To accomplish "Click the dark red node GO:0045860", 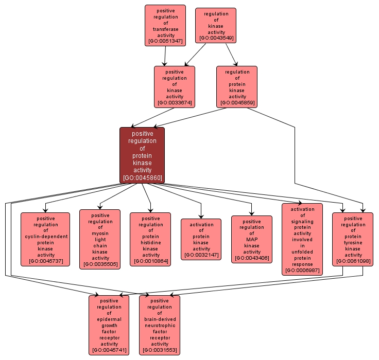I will (142, 155).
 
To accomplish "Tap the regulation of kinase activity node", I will (216, 25).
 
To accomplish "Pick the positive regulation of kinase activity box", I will (175, 87).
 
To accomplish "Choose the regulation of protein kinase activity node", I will (237, 87).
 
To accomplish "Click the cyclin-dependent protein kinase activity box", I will (45, 239).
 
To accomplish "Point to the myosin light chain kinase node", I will (100, 239).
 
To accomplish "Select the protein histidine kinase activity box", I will (150, 239).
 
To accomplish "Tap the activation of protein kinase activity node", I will (201, 239).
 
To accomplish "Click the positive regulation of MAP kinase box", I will (251, 239).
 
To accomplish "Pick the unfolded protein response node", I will (302, 239).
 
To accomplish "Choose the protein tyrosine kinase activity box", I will (353, 239).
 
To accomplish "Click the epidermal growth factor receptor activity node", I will (109, 325).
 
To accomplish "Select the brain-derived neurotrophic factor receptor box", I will (160, 325).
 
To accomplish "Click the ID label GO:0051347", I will (165, 41).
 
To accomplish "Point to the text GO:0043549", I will (216, 38).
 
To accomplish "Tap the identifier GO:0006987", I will (302, 270).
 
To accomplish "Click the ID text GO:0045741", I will (109, 350).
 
